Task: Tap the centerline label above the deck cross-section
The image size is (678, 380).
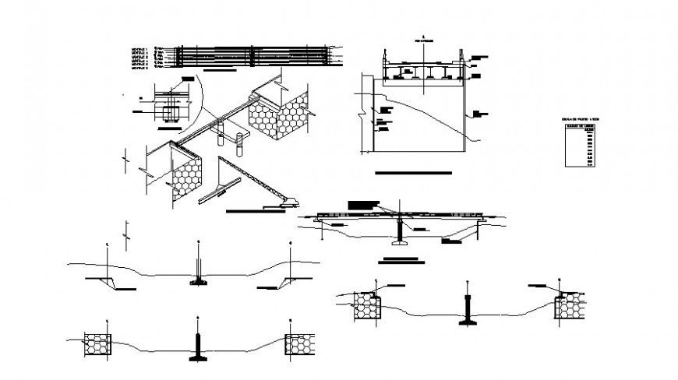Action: coord(422,37)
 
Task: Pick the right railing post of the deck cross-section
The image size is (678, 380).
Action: coord(462,62)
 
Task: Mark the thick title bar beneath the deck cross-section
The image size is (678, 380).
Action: coord(412,172)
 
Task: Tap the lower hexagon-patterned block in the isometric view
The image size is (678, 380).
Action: coord(184,176)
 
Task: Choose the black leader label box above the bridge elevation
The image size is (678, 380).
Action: coord(363,204)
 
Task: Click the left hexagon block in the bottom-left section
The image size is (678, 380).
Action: coord(96,343)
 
